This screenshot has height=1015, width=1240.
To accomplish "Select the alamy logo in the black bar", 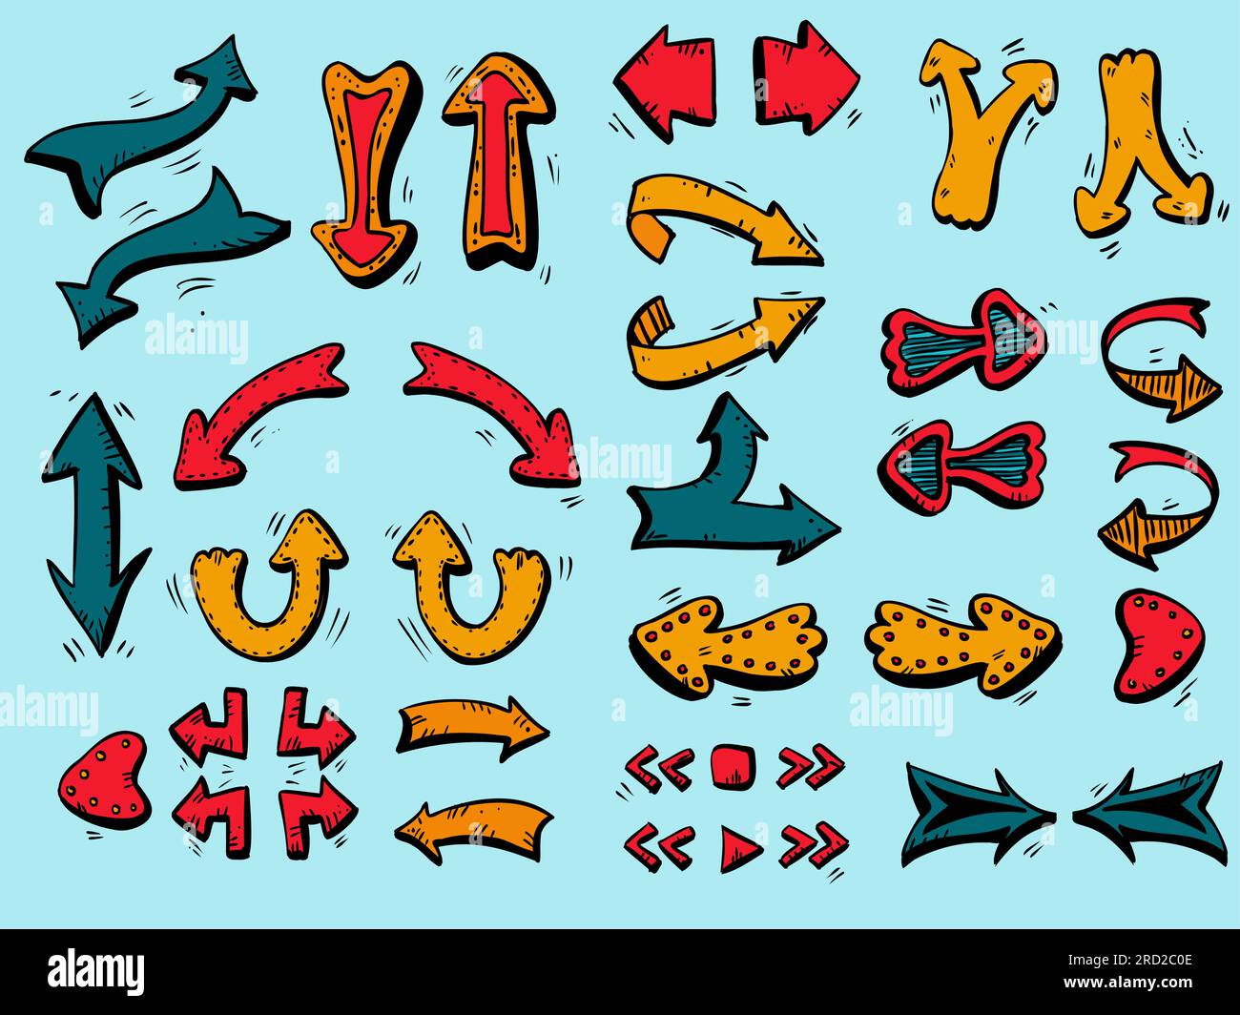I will [95, 971].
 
